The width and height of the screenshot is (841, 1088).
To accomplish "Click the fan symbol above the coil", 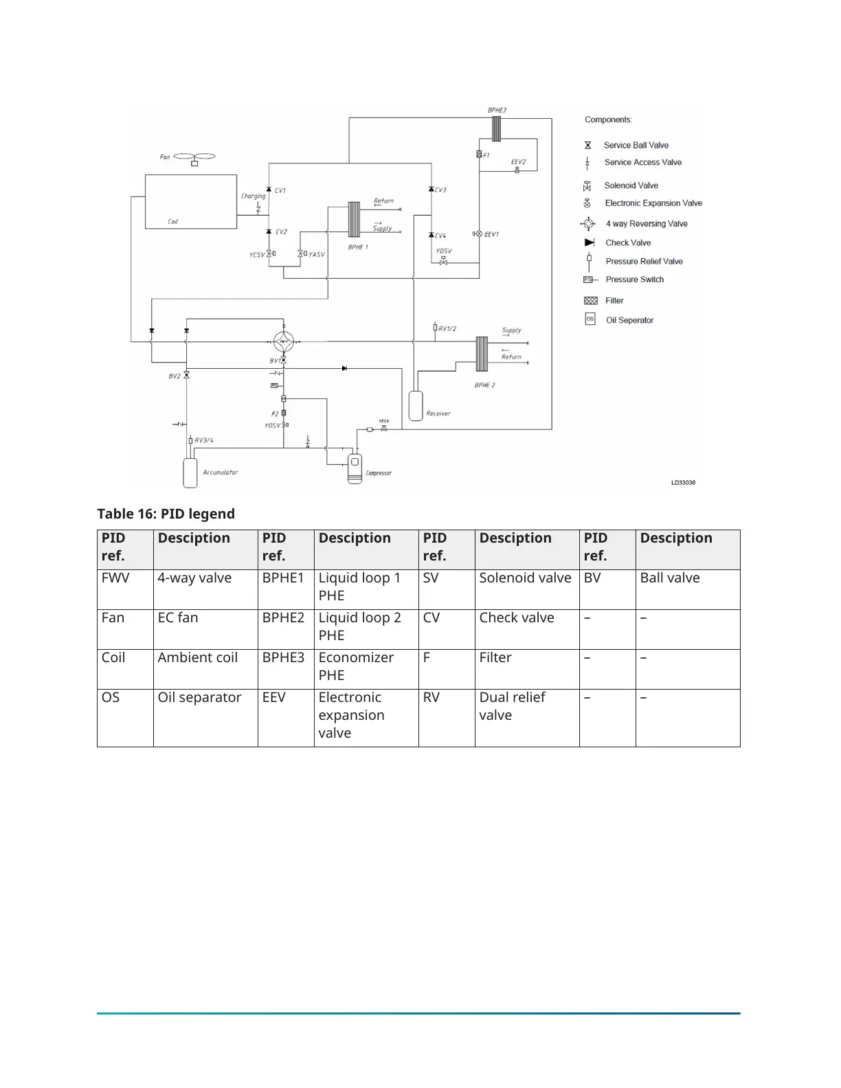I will click(x=194, y=157).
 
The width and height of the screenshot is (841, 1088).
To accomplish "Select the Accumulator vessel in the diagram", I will click(x=190, y=473).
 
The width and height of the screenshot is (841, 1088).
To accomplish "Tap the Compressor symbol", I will click(x=355, y=468).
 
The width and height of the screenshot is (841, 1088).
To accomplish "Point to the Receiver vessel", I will click(x=416, y=405).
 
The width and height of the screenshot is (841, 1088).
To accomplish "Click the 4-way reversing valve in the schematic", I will click(x=284, y=341).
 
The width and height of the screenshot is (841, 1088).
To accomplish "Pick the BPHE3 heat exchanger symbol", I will click(x=496, y=128).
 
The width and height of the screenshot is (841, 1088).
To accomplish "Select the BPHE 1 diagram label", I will click(x=358, y=247).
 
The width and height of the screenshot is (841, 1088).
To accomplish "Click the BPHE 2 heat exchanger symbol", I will click(x=482, y=353).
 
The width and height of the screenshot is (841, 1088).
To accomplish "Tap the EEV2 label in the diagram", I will click(x=519, y=162).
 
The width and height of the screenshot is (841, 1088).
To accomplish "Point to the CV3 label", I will click(x=440, y=190).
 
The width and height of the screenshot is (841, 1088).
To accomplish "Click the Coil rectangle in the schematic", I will click(x=190, y=201).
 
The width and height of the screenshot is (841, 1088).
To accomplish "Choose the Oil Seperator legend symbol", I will click(x=590, y=319).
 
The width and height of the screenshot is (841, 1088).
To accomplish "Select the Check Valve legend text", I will click(x=628, y=242).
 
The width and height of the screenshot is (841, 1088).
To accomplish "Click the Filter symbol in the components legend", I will click(x=590, y=301).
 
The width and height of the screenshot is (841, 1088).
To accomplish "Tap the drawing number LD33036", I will click(x=683, y=483).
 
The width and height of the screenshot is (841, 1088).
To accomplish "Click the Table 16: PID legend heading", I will click(x=166, y=514).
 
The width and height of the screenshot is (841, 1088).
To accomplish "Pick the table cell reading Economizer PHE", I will click(x=356, y=666).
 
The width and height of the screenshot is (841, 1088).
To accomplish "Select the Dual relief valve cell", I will click(x=512, y=706).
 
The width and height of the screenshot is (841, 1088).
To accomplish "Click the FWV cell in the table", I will click(x=115, y=578).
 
